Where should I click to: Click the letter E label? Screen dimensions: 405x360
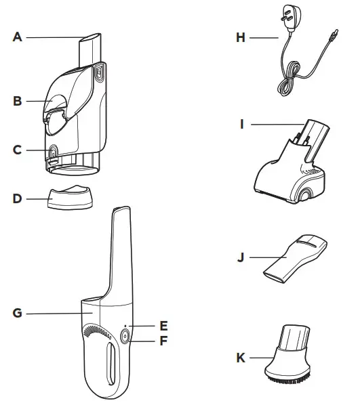click(163, 326)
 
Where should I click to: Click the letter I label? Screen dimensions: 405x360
click(242, 124)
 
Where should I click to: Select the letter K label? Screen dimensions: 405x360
click(240, 356)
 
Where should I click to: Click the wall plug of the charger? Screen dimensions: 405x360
click(292, 21)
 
